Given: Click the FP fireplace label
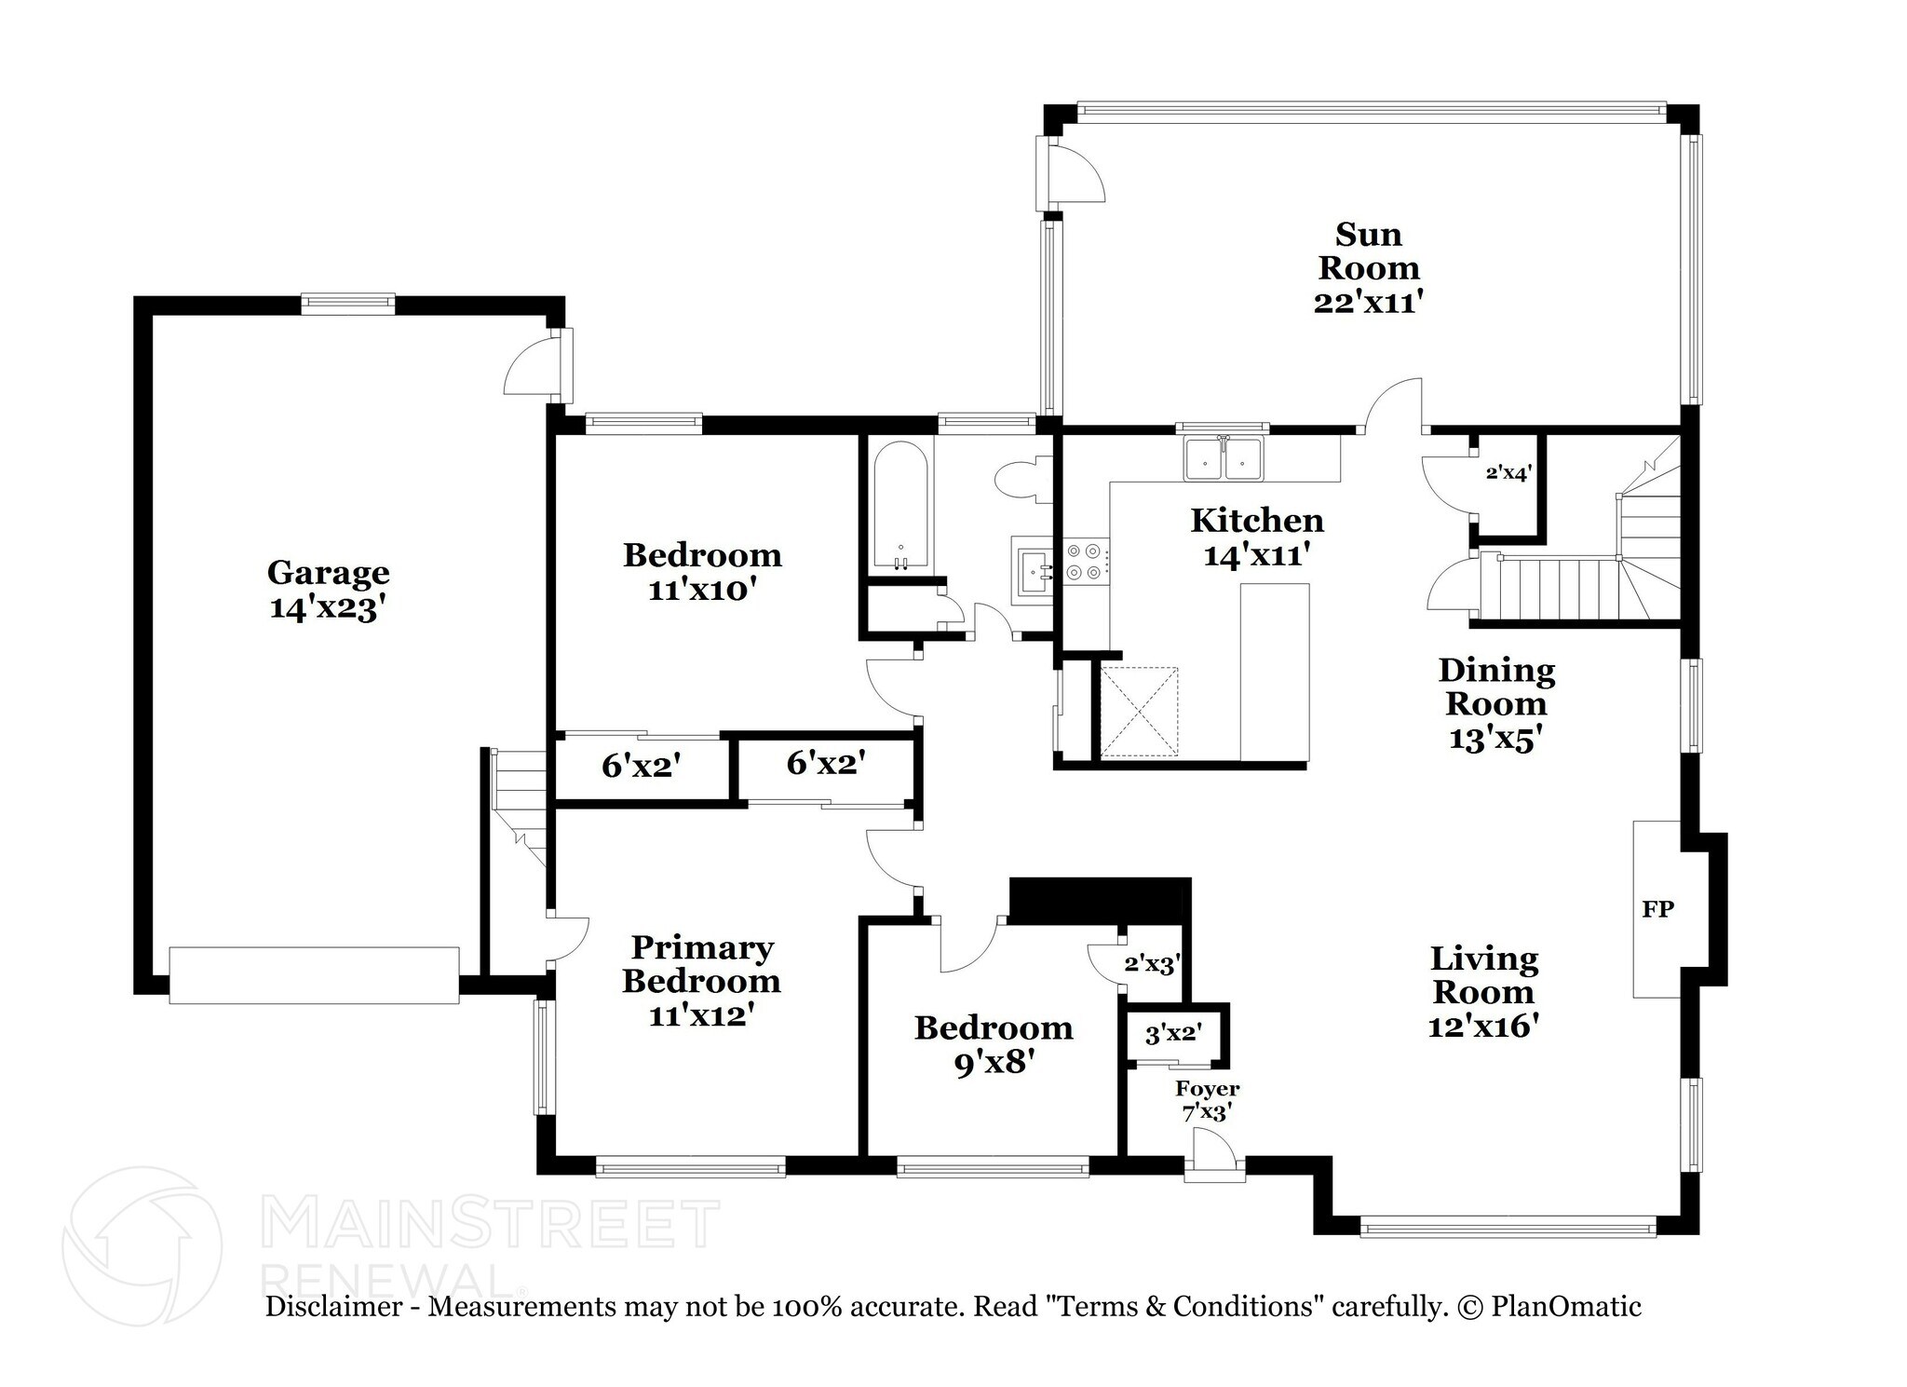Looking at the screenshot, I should (1657, 909).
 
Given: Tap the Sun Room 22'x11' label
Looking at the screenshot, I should (1368, 267).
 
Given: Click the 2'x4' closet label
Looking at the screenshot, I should (1508, 473).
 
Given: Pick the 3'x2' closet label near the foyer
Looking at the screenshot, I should (1173, 1033).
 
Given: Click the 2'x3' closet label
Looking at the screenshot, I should (1153, 963).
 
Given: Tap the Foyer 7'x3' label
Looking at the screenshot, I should (1208, 1100).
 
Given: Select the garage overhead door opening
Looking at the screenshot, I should (314, 975).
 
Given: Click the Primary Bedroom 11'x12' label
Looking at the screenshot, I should (701, 981).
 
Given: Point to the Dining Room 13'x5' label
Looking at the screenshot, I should (1496, 703).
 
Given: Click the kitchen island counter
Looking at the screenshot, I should (1275, 671).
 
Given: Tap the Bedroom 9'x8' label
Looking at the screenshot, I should (994, 1044).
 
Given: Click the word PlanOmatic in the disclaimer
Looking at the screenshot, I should (1566, 1306).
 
